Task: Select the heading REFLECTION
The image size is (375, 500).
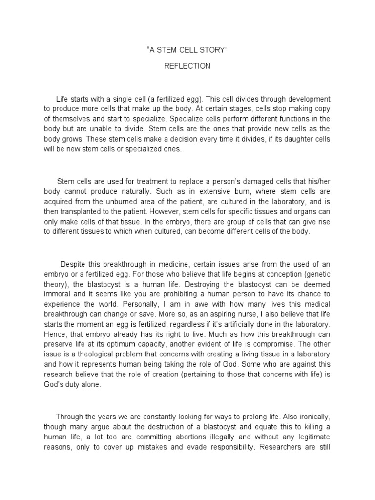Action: (187, 66)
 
